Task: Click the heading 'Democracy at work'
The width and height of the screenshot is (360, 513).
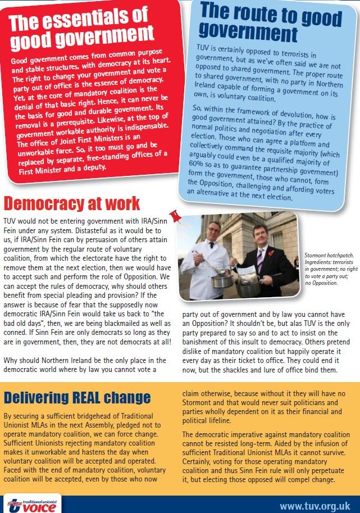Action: [x=72, y=203]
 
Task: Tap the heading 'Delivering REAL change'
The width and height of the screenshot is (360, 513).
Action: [x=77, y=398]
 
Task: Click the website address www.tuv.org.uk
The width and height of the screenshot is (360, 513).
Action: [x=315, y=506]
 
